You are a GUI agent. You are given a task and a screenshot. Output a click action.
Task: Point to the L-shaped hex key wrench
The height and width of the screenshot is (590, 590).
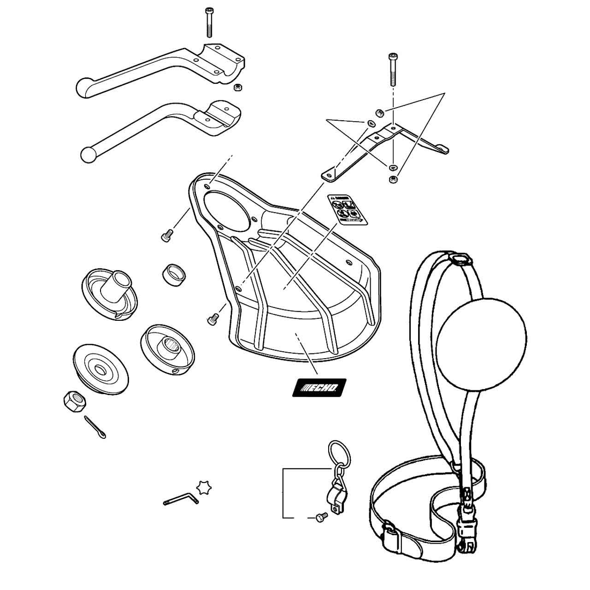pyautogui.click(x=181, y=499)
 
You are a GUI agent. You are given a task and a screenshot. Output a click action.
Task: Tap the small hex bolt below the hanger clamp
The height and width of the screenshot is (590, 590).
pyautogui.click(x=321, y=517)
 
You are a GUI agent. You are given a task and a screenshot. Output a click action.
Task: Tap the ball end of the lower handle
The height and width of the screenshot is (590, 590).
pyautogui.click(x=88, y=154)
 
